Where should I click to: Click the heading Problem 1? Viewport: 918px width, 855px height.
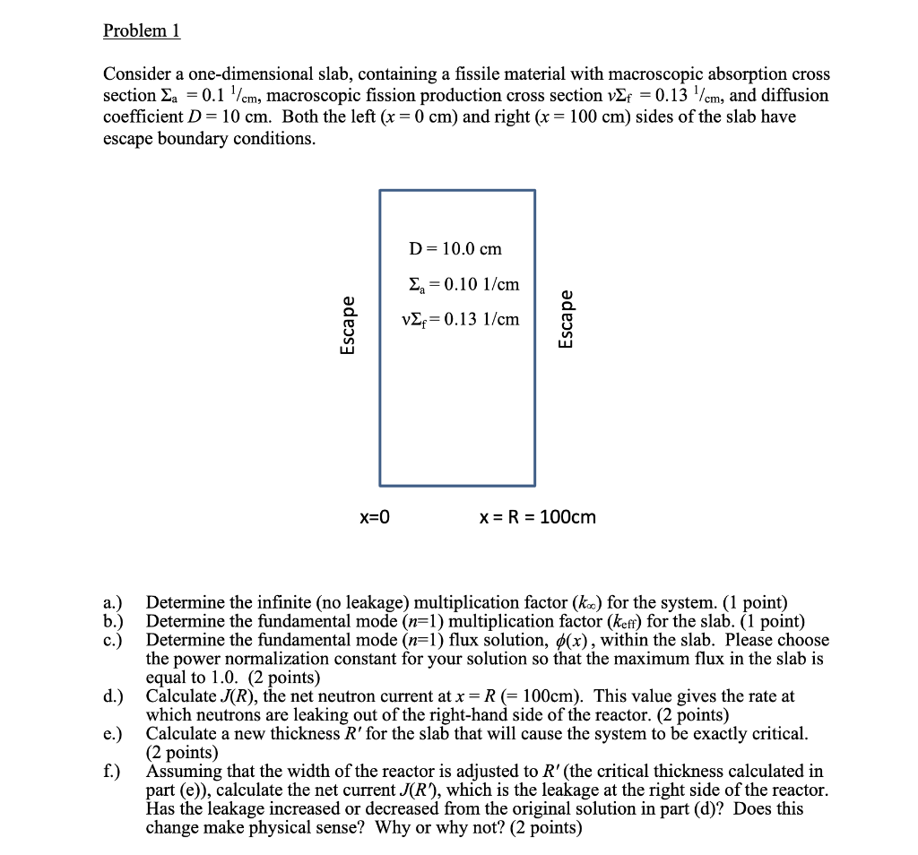(x=142, y=30)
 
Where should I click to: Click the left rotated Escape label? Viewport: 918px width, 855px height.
(x=347, y=326)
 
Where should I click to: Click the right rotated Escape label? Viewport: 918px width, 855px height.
(x=566, y=318)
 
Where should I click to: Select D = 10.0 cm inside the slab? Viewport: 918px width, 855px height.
(x=455, y=248)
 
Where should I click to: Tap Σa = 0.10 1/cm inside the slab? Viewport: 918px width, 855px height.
(x=463, y=284)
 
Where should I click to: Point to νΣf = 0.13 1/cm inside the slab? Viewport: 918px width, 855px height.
(x=460, y=319)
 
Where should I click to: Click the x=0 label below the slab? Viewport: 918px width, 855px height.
(x=375, y=517)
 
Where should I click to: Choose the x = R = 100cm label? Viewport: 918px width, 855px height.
(x=537, y=517)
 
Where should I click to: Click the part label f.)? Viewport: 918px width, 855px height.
(x=112, y=772)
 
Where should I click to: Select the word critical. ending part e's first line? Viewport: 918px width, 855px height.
(x=778, y=734)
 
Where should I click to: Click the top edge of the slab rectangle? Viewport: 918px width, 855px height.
(x=457, y=190)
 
